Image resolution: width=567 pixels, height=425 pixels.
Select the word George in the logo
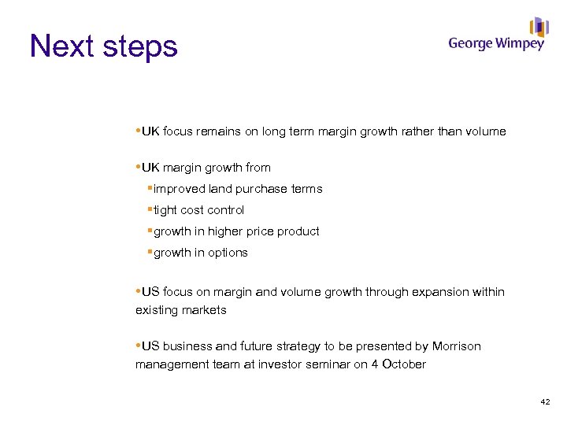(471, 45)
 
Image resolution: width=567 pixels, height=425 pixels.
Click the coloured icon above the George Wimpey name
(539, 27)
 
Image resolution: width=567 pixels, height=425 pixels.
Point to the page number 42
(545, 402)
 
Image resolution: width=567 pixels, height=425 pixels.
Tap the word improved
(180, 189)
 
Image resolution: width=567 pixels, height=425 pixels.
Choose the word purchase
(261, 189)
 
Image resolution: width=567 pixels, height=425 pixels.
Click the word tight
(165, 210)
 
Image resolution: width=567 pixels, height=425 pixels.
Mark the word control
(225, 210)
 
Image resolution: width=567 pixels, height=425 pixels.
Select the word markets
(203, 310)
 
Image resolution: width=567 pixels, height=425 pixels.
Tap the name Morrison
(455, 346)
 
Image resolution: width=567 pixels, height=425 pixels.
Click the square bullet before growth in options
(150, 252)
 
